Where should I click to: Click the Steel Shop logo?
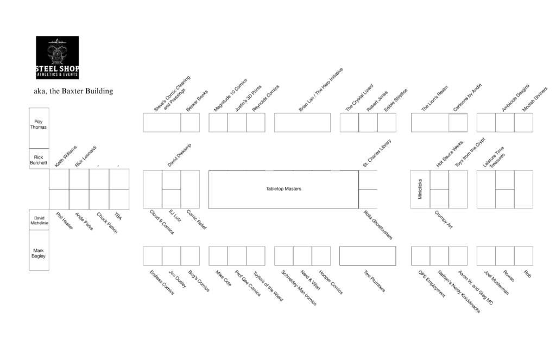click(57, 58)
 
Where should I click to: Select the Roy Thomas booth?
click(39, 128)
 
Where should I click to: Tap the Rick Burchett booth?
click(39, 159)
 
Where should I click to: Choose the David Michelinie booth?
click(39, 220)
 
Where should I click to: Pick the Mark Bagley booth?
click(39, 250)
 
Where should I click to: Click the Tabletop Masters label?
click(283, 189)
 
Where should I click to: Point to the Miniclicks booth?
click(420, 189)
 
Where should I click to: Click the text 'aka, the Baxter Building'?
click(73, 91)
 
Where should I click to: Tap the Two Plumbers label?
click(375, 281)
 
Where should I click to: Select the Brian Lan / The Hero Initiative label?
click(321, 90)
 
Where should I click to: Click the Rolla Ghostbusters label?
click(378, 225)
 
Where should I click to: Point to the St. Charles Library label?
click(377, 153)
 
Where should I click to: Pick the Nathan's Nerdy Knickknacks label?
click(459, 292)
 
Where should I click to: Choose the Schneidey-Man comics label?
click(299, 288)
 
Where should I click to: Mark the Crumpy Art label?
click(443, 220)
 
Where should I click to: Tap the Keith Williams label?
click(66, 156)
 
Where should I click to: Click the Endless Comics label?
click(162, 283)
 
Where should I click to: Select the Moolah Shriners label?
click(535, 99)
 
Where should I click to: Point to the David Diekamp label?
click(179, 155)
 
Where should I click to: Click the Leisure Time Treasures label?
click(494, 157)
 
